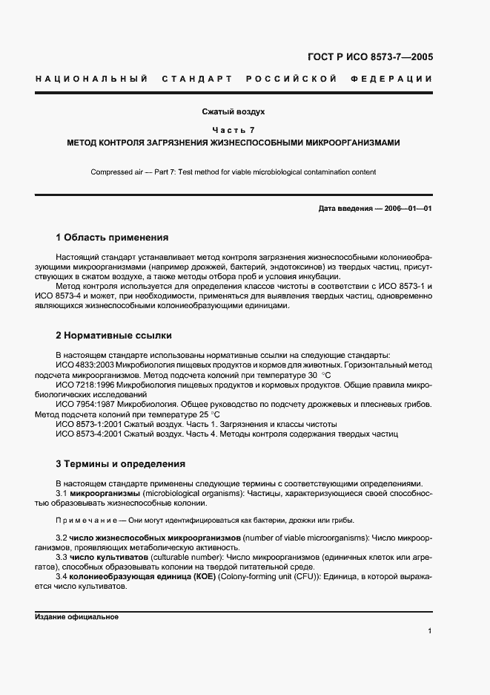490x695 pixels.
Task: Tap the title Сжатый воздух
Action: (x=234, y=112)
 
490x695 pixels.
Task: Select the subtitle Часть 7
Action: (x=234, y=130)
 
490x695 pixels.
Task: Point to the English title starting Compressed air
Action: (x=233, y=172)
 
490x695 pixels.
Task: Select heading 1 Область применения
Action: (x=112, y=238)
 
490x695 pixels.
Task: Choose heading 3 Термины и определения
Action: (x=120, y=464)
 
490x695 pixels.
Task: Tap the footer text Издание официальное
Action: (x=76, y=617)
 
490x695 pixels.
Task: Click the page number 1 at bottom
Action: (x=429, y=631)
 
